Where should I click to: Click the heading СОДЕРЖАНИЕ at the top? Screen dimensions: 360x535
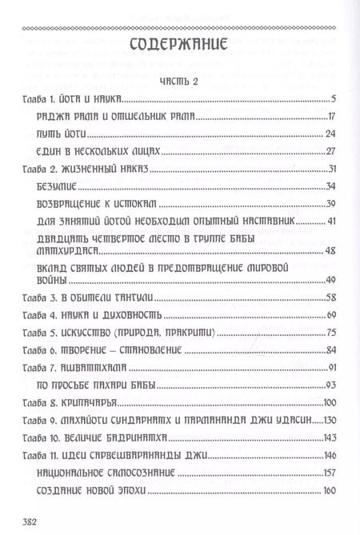click(180, 44)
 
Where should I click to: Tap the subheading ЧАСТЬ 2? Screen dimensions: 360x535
click(179, 82)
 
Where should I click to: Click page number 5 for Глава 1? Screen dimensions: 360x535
click(330, 100)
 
